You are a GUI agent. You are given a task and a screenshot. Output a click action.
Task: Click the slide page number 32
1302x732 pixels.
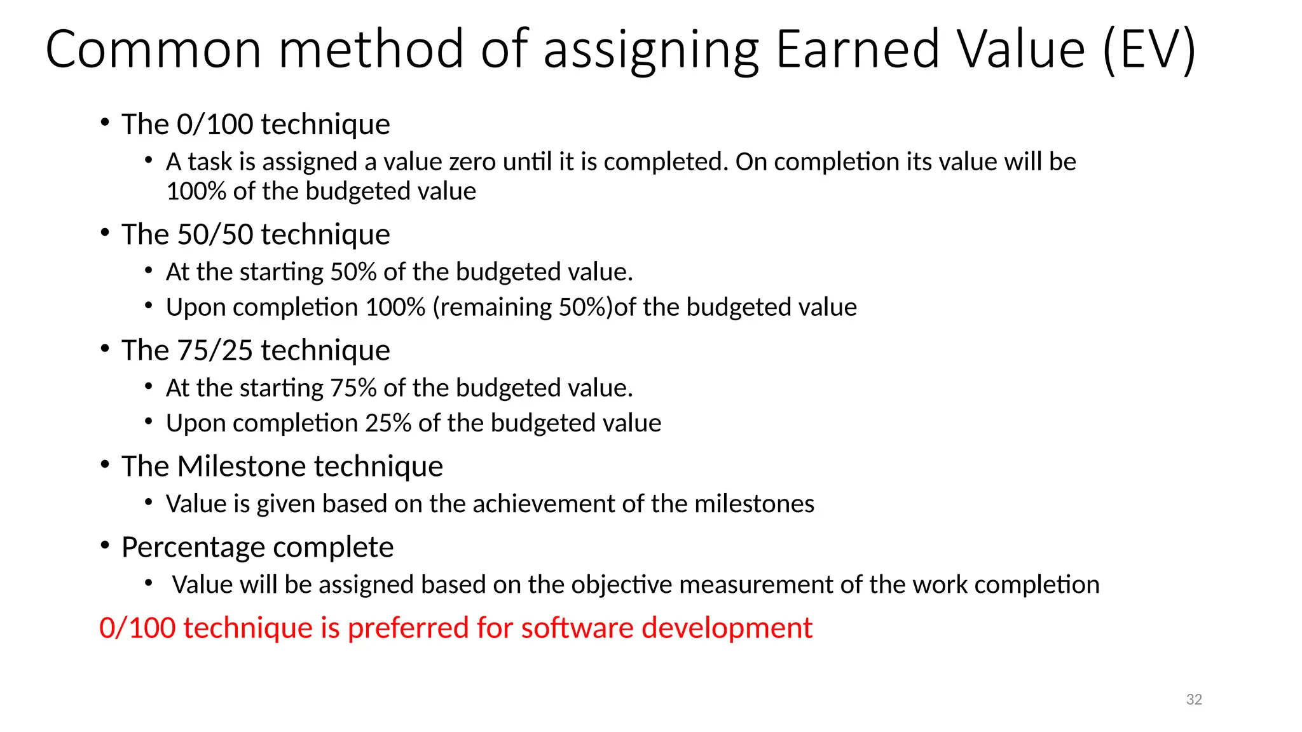point(1194,700)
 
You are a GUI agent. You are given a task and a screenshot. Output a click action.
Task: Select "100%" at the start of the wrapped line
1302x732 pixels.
point(195,191)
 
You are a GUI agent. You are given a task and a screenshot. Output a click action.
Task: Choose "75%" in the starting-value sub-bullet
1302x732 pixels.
point(353,388)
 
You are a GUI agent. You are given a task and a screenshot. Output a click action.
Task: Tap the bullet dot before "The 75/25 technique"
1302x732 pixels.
point(105,349)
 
